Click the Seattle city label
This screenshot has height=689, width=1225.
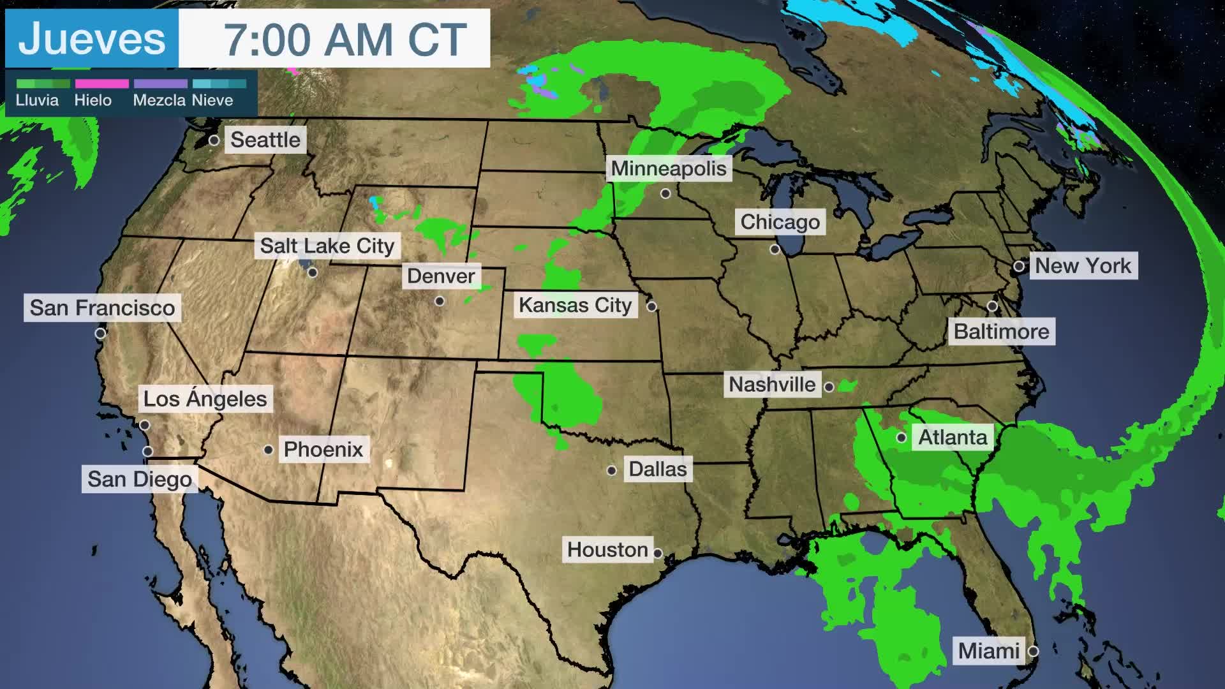click(265, 140)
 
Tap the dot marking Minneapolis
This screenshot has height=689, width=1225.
click(665, 193)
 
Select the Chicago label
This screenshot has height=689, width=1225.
click(780, 222)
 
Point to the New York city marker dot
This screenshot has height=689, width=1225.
click(1019, 266)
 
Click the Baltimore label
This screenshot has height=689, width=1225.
click(1001, 332)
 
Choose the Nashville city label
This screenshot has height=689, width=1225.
click(772, 385)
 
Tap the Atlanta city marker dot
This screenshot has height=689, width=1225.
click(902, 438)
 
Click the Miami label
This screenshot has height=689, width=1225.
click(988, 651)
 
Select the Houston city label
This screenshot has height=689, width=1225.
click(607, 549)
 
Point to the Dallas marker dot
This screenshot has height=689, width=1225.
click(612, 471)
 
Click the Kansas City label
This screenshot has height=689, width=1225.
click(575, 306)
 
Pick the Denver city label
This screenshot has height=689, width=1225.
click(441, 276)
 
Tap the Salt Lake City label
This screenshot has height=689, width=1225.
click(327, 246)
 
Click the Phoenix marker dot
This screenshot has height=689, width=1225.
click(269, 450)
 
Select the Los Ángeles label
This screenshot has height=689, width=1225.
click(205, 399)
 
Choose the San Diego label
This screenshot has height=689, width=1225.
click(139, 479)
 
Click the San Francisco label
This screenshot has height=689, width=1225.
click(102, 307)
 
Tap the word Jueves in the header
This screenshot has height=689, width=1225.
click(92, 38)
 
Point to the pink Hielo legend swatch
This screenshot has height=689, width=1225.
click(101, 84)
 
